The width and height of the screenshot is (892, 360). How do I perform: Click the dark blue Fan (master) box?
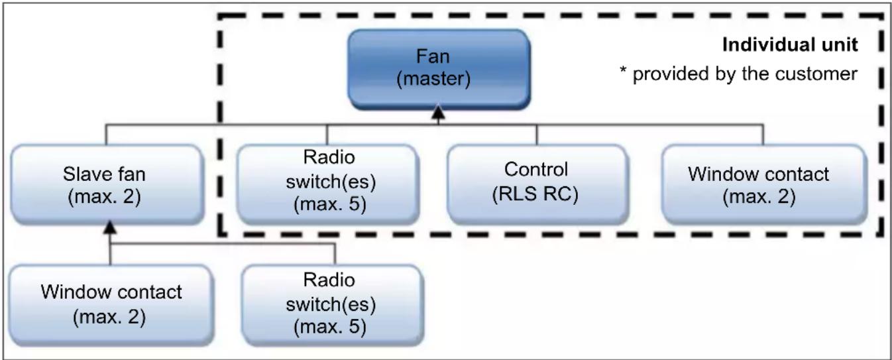pyautogui.click(x=439, y=68)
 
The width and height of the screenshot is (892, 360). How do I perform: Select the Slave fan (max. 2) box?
pyautogui.click(x=107, y=184)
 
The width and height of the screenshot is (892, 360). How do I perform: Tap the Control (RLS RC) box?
pyautogui.click(x=537, y=184)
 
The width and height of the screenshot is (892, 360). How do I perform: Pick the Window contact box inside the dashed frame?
pyautogui.click(x=764, y=184)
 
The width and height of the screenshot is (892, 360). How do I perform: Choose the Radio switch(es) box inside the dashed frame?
pyautogui.click(x=327, y=184)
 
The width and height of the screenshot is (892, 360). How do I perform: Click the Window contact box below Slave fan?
pyautogui.click(x=111, y=305)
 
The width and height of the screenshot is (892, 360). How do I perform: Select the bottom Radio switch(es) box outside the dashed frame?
pyautogui.click(x=333, y=305)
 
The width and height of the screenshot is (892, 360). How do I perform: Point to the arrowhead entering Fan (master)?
pyautogui.click(x=439, y=113)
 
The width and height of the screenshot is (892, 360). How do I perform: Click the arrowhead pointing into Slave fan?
pyautogui.click(x=110, y=227)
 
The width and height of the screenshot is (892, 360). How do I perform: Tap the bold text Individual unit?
pyautogui.click(x=790, y=45)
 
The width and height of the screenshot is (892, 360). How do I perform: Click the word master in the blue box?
pyautogui.click(x=433, y=79)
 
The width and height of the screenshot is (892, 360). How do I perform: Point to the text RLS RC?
pyautogui.click(x=535, y=195)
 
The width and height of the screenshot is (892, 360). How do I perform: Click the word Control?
pyautogui.click(x=536, y=170)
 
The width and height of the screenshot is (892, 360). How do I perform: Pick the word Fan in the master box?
pyautogui.click(x=433, y=56)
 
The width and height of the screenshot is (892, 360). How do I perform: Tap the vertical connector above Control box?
pyautogui.click(x=536, y=135)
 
